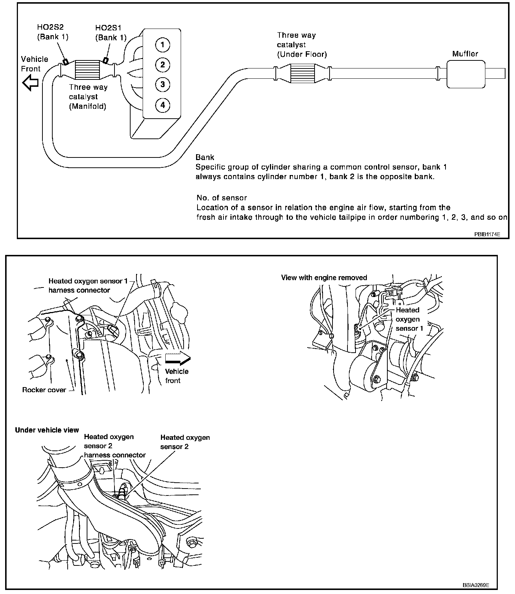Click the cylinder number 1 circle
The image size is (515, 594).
162,45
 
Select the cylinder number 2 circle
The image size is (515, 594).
162,65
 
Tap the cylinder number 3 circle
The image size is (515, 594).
162,85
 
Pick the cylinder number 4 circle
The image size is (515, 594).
162,105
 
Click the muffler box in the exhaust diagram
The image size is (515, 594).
466,74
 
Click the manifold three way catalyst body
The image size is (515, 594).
87,70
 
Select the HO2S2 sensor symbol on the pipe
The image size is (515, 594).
65,62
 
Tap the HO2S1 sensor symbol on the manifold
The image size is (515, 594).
106,60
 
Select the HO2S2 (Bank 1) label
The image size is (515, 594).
53,32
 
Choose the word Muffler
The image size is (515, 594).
465,54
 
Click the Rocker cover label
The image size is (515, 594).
44,390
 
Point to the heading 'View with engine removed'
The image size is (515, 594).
324,278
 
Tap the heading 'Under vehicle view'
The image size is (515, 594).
47,430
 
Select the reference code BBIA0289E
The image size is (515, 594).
475,585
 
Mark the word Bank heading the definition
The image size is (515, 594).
205,157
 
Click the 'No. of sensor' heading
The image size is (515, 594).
222,198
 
